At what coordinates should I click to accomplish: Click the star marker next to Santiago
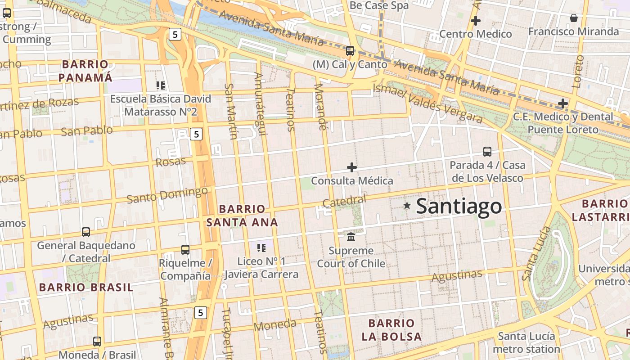(407, 206)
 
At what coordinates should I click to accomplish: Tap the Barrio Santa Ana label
(242, 216)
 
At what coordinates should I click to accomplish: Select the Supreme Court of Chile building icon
(351, 236)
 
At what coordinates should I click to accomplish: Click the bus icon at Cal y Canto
(350, 50)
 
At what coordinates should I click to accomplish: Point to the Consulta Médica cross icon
(352, 167)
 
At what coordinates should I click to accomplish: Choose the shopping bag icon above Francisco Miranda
(574, 18)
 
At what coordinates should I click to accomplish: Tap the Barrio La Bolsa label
(391, 330)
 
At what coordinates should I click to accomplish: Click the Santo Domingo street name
(167, 195)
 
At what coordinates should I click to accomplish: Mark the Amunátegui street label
(259, 103)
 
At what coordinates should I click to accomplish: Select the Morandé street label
(319, 107)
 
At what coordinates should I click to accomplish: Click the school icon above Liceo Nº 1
(261, 247)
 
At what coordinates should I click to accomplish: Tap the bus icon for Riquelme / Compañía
(185, 249)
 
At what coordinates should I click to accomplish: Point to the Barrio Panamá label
(85, 71)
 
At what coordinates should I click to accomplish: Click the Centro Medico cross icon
(476, 21)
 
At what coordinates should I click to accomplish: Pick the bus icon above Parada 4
(487, 151)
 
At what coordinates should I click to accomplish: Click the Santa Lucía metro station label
(526, 342)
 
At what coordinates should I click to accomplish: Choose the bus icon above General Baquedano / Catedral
(86, 232)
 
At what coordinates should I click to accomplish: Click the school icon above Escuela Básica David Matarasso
(161, 85)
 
